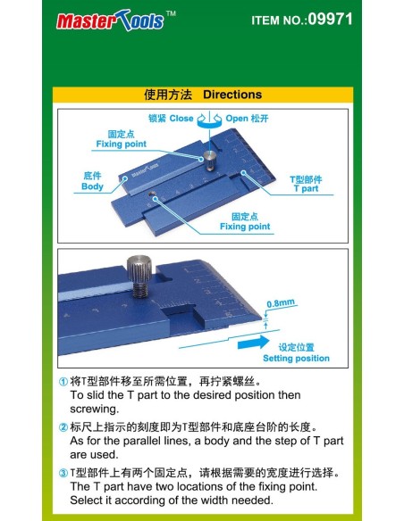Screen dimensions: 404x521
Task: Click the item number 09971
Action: [330, 19]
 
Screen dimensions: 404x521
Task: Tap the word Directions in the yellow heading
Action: [232, 95]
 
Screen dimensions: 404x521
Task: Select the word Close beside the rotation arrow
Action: [181, 119]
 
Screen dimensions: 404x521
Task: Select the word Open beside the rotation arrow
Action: [237, 119]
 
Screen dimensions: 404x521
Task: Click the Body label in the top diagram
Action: [92, 186]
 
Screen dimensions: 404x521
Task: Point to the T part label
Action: [306, 188]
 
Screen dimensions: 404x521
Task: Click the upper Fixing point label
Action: [122, 144]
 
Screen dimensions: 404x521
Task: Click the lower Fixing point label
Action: [245, 227]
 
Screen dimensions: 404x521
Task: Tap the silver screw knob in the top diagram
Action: [210, 160]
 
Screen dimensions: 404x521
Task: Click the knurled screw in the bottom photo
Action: [139, 277]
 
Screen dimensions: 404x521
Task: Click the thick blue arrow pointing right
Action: [254, 343]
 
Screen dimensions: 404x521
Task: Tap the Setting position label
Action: [296, 359]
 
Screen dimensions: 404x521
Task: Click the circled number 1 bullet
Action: [63, 382]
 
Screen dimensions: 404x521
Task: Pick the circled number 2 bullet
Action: [63, 427]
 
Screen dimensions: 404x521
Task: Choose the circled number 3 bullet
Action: [63, 473]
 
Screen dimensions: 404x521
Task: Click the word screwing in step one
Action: [94, 409]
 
